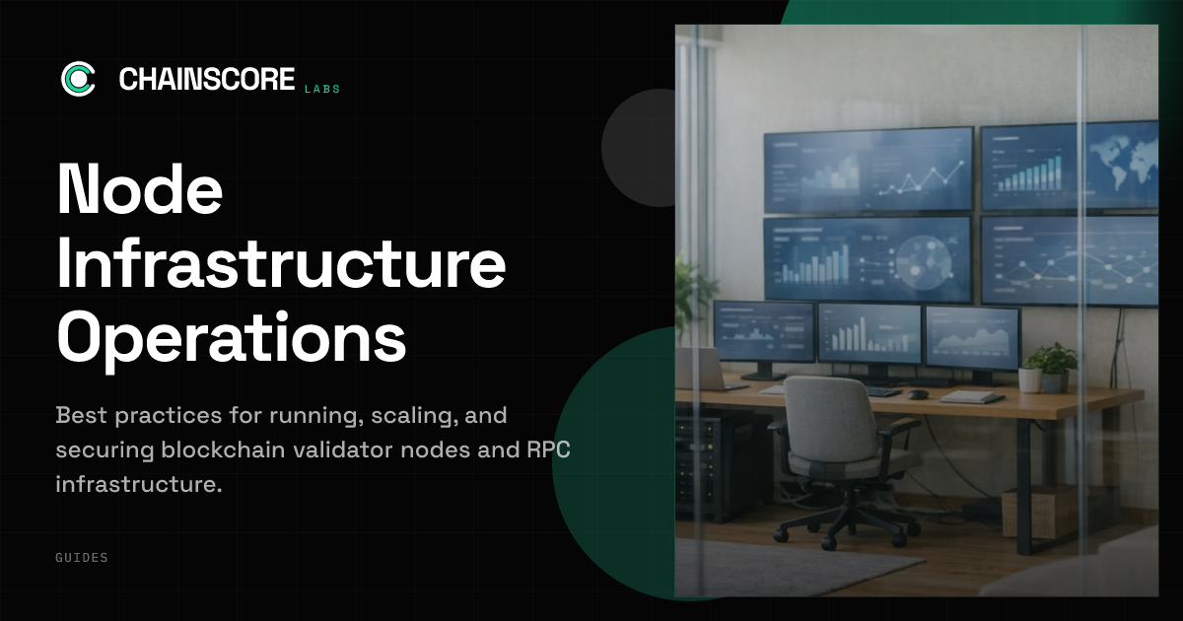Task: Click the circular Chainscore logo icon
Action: tap(79, 79)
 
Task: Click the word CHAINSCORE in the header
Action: tap(207, 79)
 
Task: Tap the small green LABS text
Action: tap(322, 90)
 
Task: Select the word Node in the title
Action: tap(140, 189)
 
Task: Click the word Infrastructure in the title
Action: tap(282, 262)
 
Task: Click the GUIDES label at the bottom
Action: tap(82, 558)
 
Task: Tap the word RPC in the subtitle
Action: tap(548, 449)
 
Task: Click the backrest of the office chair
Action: tap(828, 417)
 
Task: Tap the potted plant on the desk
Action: tap(1051, 366)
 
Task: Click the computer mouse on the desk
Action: tap(918, 394)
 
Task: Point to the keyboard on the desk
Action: tap(882, 391)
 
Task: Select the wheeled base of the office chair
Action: tap(844, 525)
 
